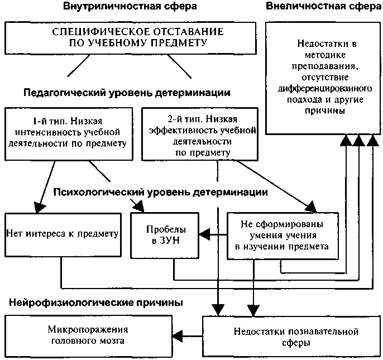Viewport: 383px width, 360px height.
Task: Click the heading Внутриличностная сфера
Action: pyautogui.click(x=130, y=6)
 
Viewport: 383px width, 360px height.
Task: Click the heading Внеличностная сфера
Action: pyautogui.click(x=324, y=6)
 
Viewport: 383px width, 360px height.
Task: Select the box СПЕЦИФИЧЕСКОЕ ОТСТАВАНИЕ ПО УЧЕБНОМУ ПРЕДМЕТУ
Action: pyautogui.click(x=131, y=38)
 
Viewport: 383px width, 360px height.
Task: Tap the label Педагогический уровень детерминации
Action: pyautogui.click(x=127, y=93)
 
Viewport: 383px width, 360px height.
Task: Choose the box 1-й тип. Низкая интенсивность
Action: pyautogui.click(x=69, y=134)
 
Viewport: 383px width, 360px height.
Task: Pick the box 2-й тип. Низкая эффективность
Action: pyautogui.click(x=200, y=134)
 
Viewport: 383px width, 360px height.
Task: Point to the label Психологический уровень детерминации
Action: pyautogui.click(x=160, y=193)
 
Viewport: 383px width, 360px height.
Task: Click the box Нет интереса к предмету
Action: pyautogui.click(x=63, y=235)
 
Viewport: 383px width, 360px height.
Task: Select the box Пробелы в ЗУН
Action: pyautogui.click(x=165, y=236)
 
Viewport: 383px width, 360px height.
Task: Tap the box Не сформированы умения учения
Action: pyautogui.click(x=283, y=236)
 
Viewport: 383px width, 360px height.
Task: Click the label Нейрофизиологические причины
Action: pyautogui.click(x=96, y=303)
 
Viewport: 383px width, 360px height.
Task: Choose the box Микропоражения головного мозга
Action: pyautogui.click(x=88, y=336)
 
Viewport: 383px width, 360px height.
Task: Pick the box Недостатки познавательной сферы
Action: pyautogui.click(x=291, y=337)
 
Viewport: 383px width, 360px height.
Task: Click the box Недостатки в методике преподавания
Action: pyautogui.click(x=323, y=78)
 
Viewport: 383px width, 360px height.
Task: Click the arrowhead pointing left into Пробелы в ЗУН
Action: pyautogui.click(x=204, y=235)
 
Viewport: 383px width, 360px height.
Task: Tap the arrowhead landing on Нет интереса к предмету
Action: pyautogui.click(x=39, y=208)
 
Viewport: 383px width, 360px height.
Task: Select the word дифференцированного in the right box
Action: pyautogui.click(x=324, y=88)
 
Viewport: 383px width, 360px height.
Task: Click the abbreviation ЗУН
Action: pyautogui.click(x=170, y=241)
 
